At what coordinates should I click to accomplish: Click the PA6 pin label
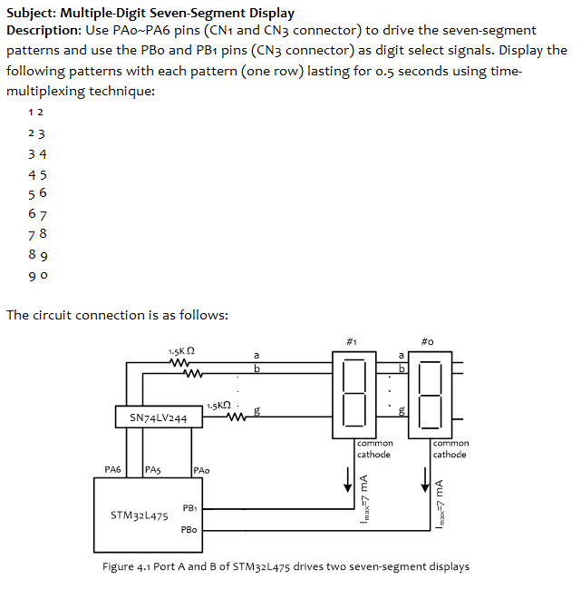tap(112, 470)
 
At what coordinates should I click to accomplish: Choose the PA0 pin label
tap(201, 470)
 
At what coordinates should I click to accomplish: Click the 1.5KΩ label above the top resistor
tap(182, 351)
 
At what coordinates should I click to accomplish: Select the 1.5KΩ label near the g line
tap(220, 404)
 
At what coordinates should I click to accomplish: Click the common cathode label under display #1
tap(373, 448)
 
